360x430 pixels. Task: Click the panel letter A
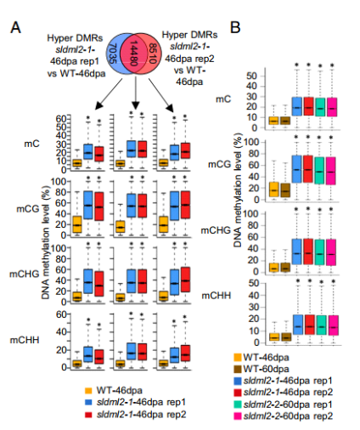pos(15,28)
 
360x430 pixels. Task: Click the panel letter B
pos(235,27)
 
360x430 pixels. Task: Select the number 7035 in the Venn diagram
pos(112,54)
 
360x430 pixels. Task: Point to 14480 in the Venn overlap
pos(133,53)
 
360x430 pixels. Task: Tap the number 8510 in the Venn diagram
pos(153,53)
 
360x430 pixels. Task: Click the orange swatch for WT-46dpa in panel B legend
pos(238,358)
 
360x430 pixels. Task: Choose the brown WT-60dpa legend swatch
pos(238,369)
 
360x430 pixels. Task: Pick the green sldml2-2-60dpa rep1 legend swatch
pos(238,405)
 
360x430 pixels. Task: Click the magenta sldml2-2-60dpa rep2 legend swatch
pos(238,416)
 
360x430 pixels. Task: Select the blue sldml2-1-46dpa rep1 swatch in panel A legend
pos(88,402)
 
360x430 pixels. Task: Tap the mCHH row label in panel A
pos(25,340)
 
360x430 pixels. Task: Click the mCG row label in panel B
pos(219,164)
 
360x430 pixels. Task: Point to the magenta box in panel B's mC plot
pos(332,107)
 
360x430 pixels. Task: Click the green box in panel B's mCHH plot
pos(320,325)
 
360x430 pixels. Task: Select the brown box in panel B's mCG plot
pos(285,190)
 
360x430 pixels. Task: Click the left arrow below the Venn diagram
pos(110,93)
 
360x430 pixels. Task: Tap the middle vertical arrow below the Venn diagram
pos(136,93)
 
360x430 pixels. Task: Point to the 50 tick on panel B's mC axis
pos(251,76)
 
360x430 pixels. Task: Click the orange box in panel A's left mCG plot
pos(77,224)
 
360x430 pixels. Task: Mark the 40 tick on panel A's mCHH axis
pos(62,332)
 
